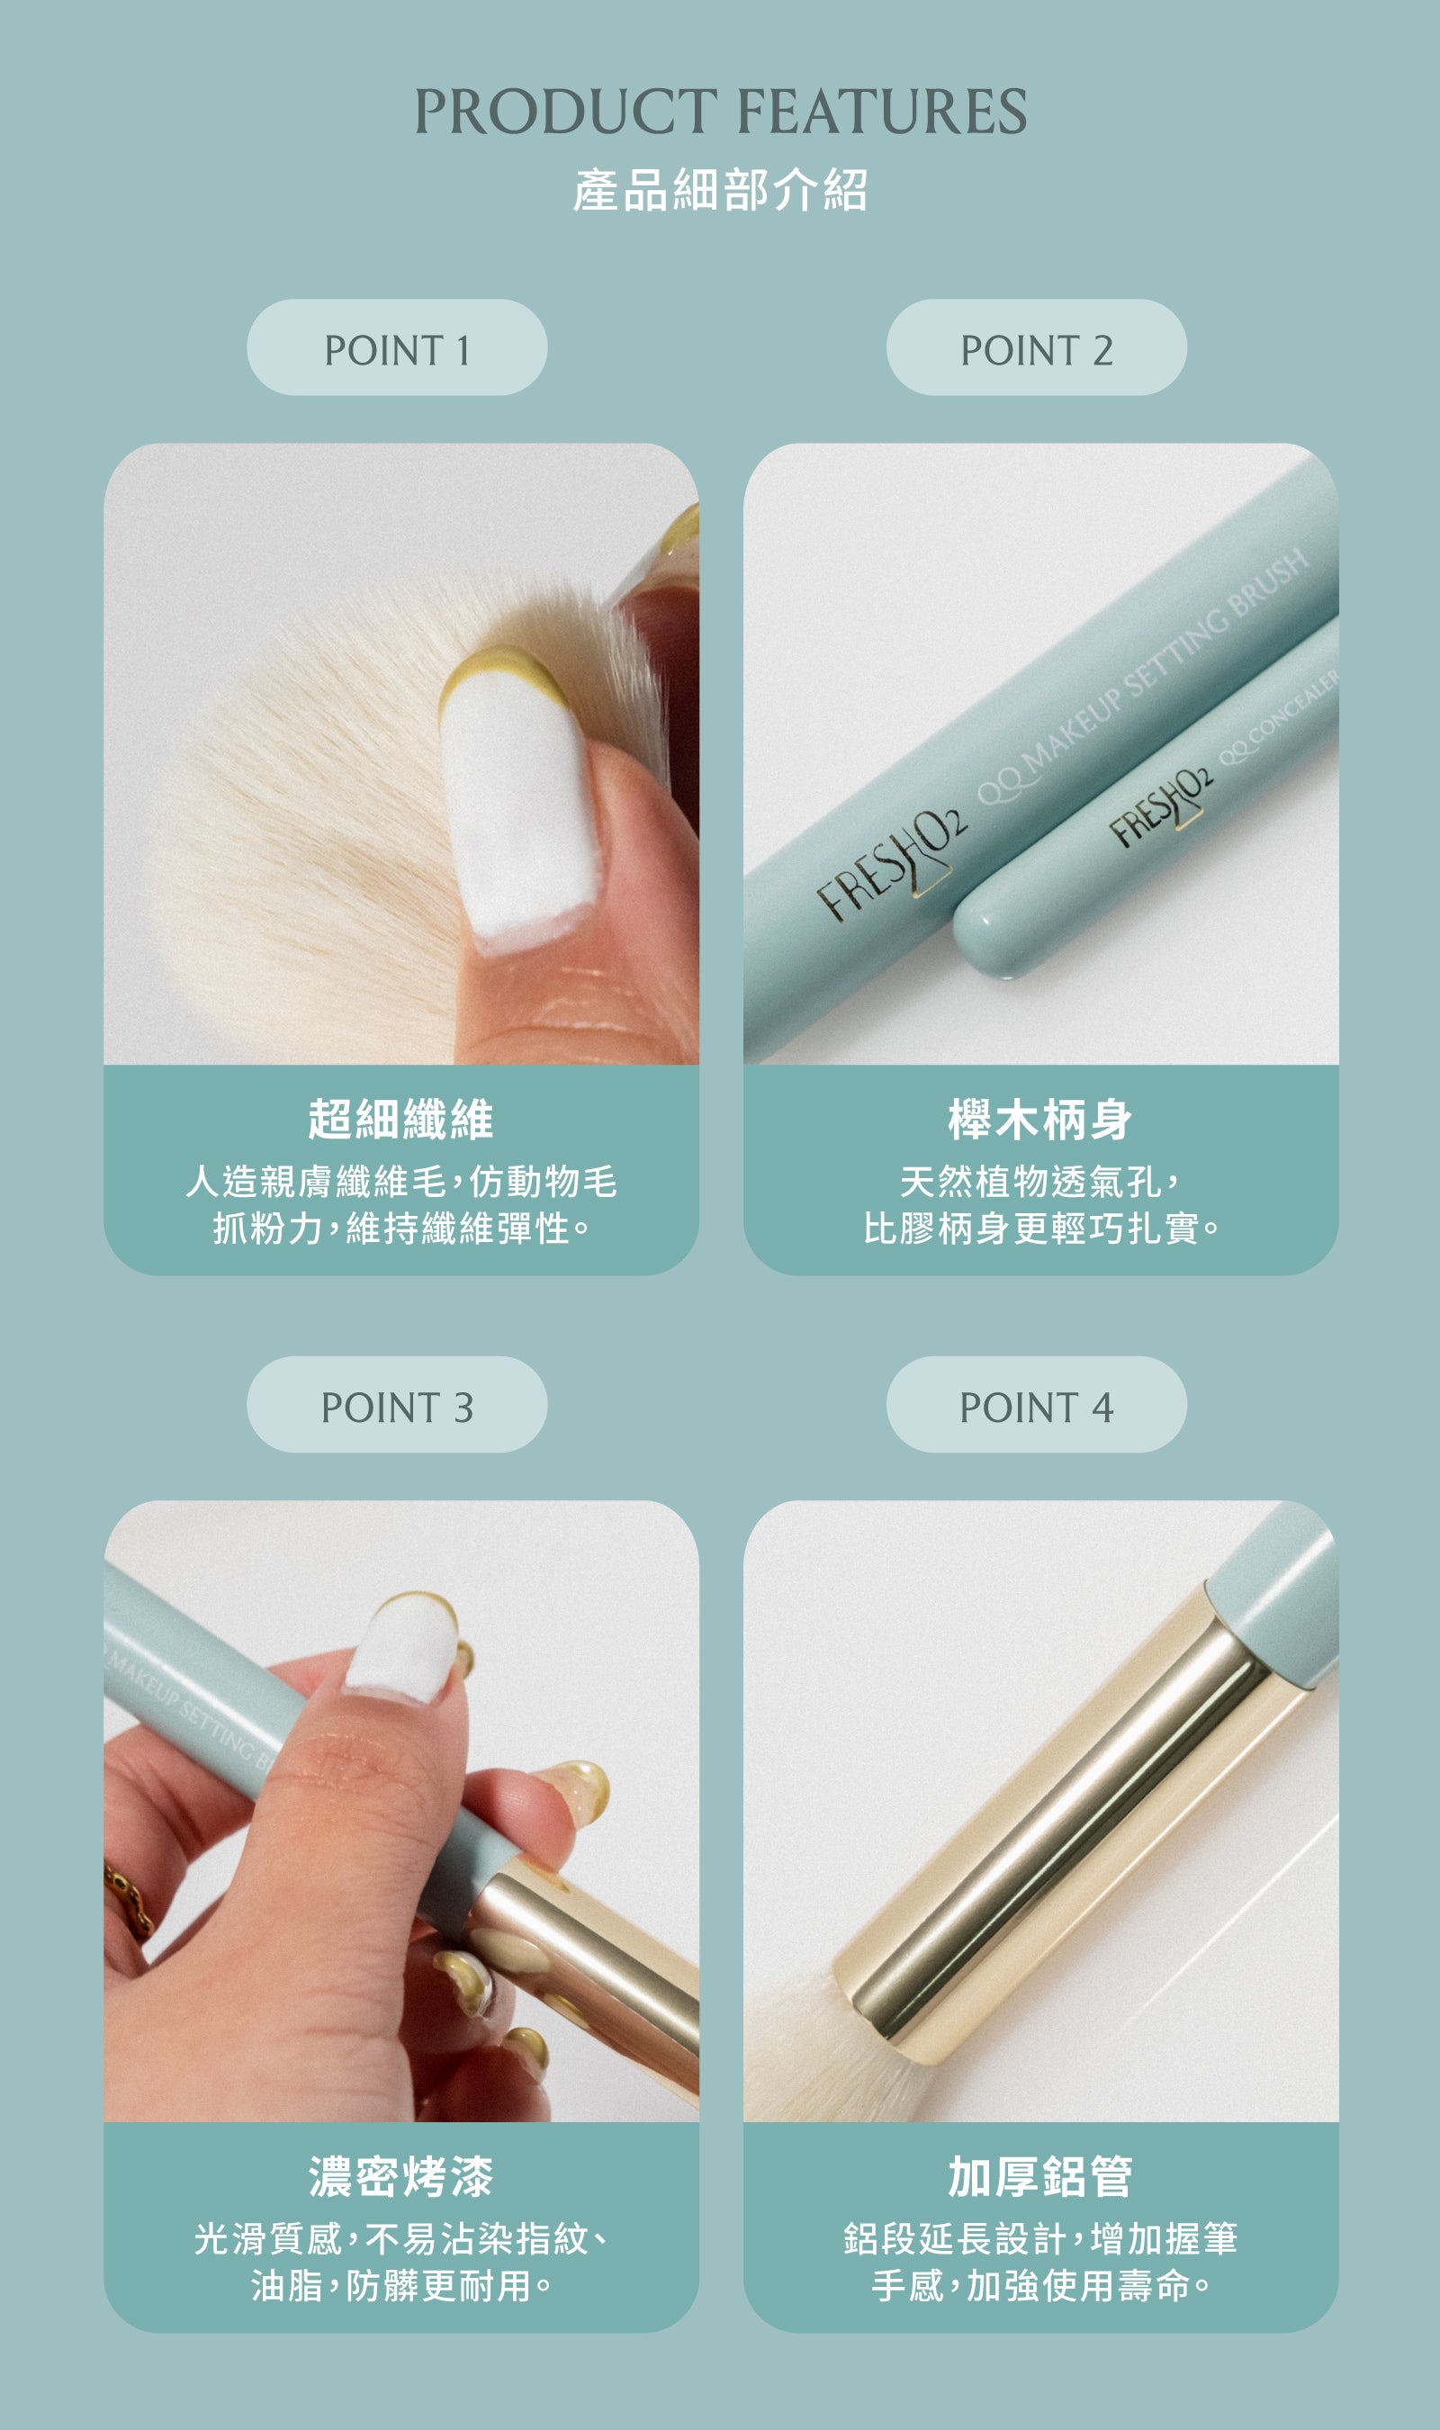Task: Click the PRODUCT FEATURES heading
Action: (x=720, y=111)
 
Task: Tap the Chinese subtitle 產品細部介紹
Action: (x=720, y=190)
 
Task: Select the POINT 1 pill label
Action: (x=397, y=347)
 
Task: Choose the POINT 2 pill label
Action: (x=1036, y=347)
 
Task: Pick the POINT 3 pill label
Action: (x=397, y=1405)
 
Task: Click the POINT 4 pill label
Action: (x=1036, y=1405)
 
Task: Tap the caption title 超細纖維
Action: (x=400, y=1120)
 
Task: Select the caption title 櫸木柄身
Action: (x=1040, y=1120)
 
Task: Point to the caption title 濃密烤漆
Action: (x=400, y=2177)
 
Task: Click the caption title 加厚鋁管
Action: (x=1040, y=2177)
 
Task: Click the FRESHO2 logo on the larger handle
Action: (x=891, y=863)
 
